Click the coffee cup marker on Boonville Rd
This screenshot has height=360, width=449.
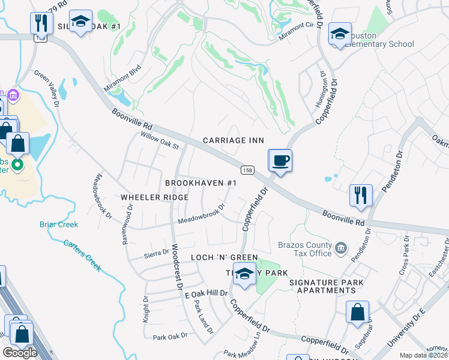[x=280, y=160]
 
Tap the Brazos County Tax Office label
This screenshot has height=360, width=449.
[x=304, y=249]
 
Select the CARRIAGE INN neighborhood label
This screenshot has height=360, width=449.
[x=234, y=140]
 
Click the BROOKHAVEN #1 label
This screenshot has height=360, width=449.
[x=202, y=183]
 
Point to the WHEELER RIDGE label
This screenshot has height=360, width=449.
[x=154, y=197]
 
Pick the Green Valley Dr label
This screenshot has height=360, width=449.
[x=47, y=90]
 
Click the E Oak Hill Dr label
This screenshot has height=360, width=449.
[x=206, y=293]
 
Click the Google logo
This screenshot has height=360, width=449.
[x=20, y=353]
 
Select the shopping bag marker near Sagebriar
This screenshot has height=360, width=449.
[x=357, y=313]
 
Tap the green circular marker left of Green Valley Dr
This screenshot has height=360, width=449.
[x=18, y=164]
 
